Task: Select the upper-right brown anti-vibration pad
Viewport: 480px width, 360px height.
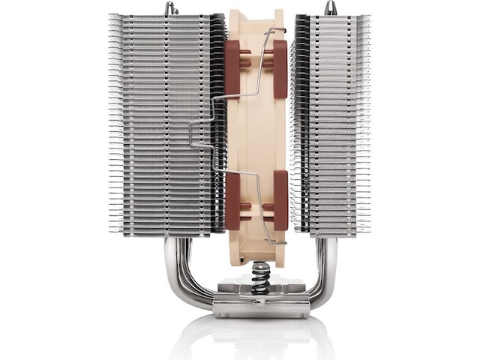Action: click(280, 68)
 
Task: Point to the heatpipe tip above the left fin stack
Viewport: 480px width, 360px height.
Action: click(170, 8)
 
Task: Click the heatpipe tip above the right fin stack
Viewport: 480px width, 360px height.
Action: click(330, 7)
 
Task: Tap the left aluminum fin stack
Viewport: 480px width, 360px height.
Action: click(161, 124)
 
